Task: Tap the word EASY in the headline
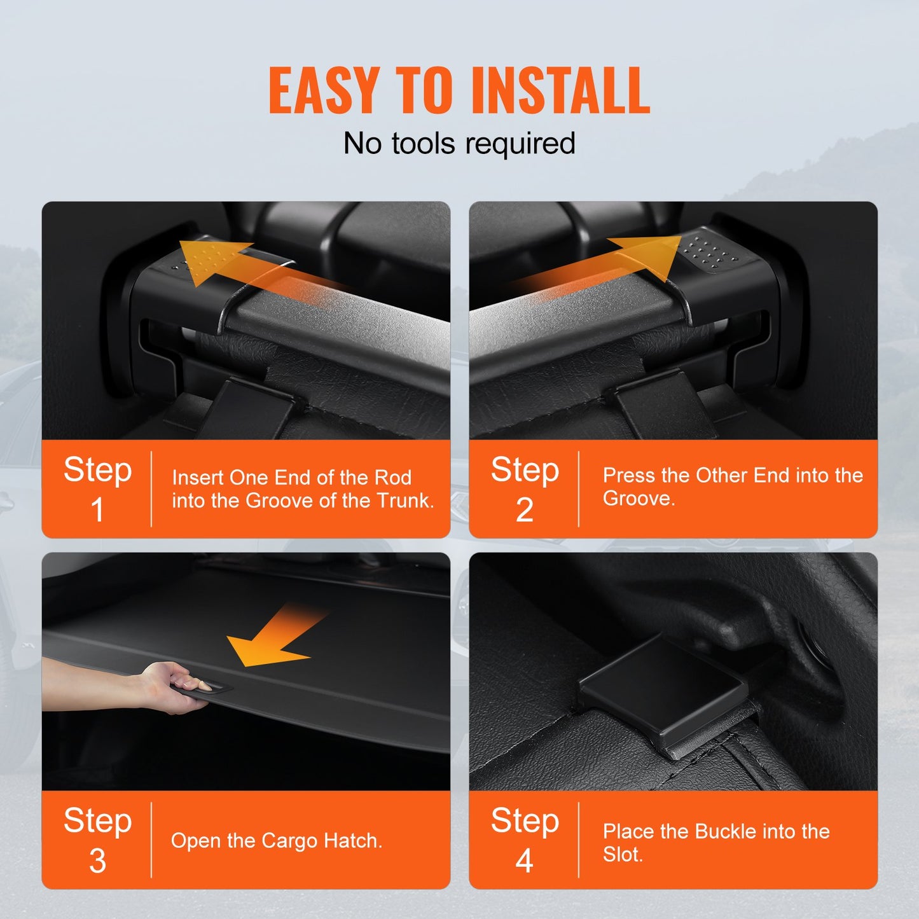[x=324, y=91]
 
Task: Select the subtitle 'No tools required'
[x=459, y=144]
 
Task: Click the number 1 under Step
[x=97, y=510]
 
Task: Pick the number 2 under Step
[x=524, y=510]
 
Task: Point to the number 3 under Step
[x=97, y=861]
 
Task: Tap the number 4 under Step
[x=524, y=861]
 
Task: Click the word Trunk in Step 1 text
[x=404, y=501]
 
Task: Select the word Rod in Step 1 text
[x=392, y=478]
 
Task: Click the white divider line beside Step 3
[x=151, y=840]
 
